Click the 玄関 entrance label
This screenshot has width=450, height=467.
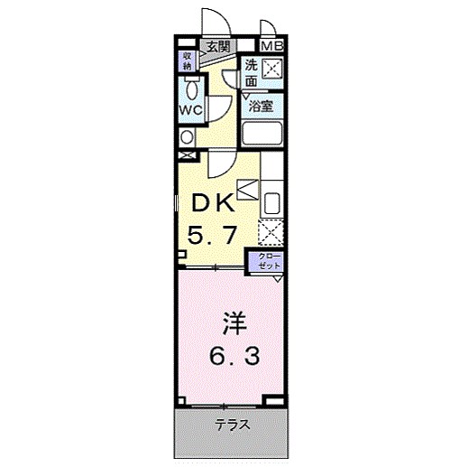pos(216,46)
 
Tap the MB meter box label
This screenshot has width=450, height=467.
pos(271,46)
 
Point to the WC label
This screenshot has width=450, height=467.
pos(188,109)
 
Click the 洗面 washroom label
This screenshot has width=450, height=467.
pos(252,73)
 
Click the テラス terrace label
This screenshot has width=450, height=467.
pos(232,425)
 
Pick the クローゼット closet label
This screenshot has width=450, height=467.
pos(269,263)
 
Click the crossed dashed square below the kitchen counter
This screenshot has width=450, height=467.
pos(271,231)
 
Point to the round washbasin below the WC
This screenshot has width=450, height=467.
pos(187,138)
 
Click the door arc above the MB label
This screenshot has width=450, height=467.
pos(268,27)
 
